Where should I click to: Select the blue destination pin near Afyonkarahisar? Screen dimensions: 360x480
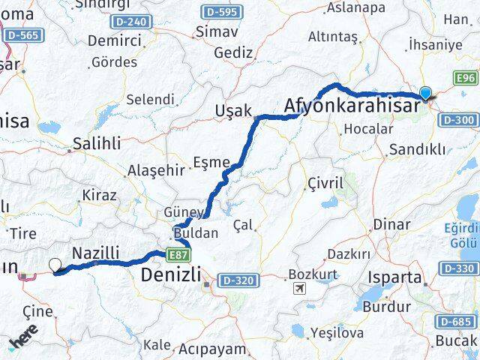(x=426, y=94)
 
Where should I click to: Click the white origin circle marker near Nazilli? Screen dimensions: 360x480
(x=55, y=264)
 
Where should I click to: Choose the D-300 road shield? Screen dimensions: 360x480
(x=458, y=119)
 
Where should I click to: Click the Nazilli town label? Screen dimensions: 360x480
(x=95, y=254)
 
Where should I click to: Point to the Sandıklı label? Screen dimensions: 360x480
(x=417, y=149)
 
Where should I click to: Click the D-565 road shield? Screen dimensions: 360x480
(x=22, y=35)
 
